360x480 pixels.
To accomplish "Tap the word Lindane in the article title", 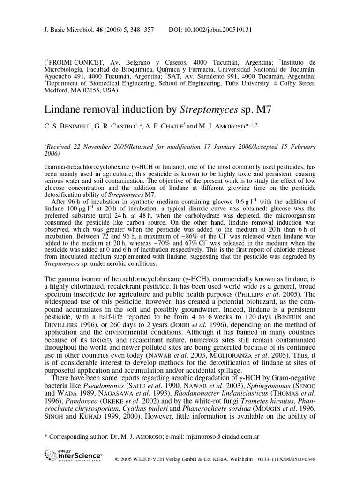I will pos(61,110).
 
